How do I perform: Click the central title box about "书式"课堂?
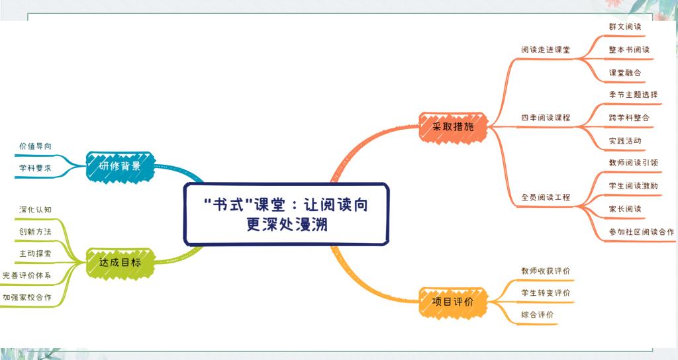[x=286, y=214]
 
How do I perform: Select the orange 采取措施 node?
[x=453, y=126]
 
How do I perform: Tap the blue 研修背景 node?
[x=120, y=165]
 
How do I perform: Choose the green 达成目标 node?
[x=120, y=262]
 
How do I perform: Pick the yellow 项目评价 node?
[x=453, y=302]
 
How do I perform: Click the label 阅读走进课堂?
[x=546, y=50]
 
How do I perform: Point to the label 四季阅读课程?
[x=546, y=118]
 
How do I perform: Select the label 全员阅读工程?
[x=546, y=197]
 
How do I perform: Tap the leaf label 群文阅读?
[x=625, y=26]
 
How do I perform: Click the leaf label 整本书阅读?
[x=629, y=50]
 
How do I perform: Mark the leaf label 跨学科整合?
[x=629, y=118]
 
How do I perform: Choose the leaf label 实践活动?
[x=625, y=141]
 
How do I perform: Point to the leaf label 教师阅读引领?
[x=633, y=163]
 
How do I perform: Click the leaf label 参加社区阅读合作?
[x=641, y=232]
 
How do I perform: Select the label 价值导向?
[x=35, y=146]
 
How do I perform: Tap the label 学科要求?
[x=35, y=167]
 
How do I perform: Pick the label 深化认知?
[x=35, y=210]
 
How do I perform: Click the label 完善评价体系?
[x=26, y=275]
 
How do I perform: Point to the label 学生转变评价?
[x=546, y=293]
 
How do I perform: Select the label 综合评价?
[x=537, y=314]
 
